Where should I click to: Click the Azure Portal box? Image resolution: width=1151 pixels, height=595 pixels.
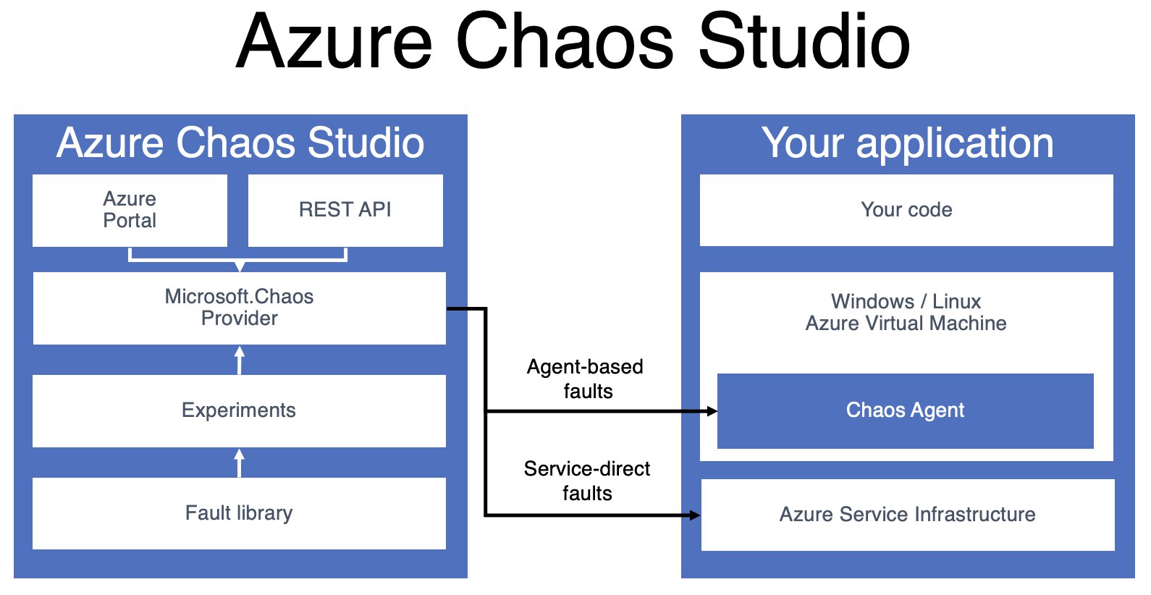click(130, 210)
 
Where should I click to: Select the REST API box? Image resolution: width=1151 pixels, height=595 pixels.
click(345, 210)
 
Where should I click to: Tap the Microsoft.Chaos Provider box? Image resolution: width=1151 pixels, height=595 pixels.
click(239, 308)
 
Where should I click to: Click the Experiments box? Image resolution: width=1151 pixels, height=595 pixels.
click(239, 410)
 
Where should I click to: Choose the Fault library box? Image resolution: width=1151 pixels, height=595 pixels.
click(239, 513)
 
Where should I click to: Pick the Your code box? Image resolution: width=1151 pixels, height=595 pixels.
click(906, 210)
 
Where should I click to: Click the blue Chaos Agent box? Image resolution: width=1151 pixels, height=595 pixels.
click(905, 410)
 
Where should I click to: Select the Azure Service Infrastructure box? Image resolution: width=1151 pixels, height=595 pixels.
click(907, 515)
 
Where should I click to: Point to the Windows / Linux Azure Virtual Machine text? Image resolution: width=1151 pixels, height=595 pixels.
click(906, 313)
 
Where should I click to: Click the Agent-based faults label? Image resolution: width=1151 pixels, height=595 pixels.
click(586, 379)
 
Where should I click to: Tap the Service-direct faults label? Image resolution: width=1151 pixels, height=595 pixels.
click(587, 481)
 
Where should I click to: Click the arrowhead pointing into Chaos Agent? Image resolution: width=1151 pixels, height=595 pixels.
click(712, 411)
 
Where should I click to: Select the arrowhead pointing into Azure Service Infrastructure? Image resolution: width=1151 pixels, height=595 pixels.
click(695, 515)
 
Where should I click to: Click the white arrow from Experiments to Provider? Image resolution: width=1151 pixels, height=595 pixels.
click(240, 359)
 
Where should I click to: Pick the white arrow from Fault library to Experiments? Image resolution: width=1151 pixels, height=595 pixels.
click(240, 462)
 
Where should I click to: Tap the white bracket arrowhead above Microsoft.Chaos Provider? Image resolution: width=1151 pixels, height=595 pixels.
click(240, 266)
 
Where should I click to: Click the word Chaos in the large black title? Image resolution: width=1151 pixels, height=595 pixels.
click(565, 42)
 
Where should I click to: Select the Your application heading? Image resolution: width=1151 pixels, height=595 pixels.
click(907, 143)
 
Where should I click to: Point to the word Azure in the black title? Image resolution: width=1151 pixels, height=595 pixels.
click(334, 42)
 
